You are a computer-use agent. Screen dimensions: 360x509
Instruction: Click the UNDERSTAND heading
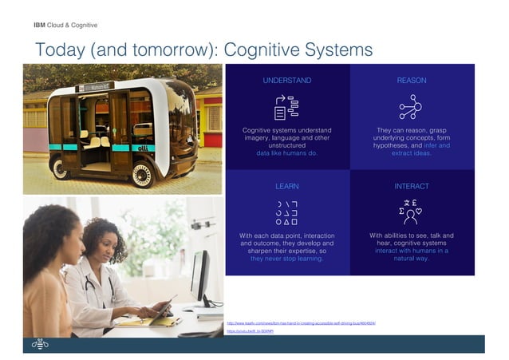(287, 81)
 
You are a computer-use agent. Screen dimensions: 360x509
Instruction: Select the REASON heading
(412, 81)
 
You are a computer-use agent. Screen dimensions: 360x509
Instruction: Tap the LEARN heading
(287, 186)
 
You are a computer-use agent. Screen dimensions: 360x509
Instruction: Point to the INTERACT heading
(412, 186)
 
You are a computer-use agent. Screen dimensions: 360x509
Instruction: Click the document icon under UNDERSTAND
(286, 106)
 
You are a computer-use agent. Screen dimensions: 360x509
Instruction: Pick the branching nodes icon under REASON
(412, 106)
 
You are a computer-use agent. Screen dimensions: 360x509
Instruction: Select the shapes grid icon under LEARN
(286, 212)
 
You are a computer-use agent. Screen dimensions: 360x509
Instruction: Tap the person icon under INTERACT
(412, 212)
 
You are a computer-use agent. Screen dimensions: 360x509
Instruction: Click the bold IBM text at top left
(39, 25)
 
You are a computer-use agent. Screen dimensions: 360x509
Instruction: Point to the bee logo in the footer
(41, 344)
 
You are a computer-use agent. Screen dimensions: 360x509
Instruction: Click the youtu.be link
(247, 330)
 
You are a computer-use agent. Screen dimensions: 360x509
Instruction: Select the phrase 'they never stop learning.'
(287, 259)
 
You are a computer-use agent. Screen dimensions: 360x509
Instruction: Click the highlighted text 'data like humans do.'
(287, 153)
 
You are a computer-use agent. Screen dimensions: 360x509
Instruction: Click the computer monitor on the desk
(199, 275)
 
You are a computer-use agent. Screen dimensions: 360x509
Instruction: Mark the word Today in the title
(61, 49)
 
